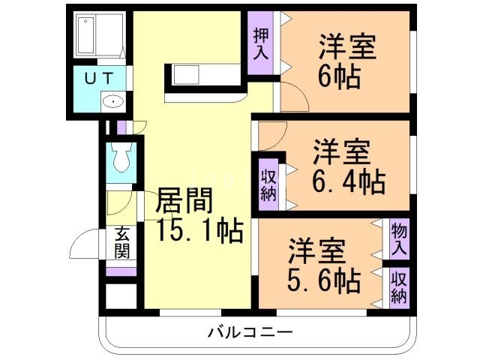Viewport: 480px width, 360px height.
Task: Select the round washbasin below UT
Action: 112,102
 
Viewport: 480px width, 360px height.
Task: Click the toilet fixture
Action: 120,158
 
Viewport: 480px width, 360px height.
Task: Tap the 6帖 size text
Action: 339,76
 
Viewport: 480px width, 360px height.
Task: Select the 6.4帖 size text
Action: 348,181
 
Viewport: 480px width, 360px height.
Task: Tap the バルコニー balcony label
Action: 250,331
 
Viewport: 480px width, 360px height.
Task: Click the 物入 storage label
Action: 399,238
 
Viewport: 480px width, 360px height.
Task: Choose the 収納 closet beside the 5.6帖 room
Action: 399,286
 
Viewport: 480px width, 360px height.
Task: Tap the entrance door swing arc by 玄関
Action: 82,244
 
